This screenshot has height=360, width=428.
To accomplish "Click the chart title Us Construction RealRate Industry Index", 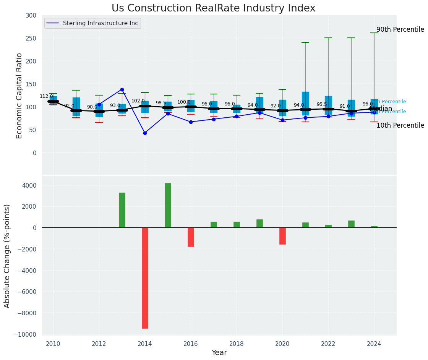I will [213, 8].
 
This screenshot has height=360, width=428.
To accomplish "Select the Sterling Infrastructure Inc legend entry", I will [100, 23].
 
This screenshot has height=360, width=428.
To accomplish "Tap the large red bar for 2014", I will [145, 278].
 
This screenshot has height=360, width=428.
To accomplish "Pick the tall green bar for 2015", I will [168, 205].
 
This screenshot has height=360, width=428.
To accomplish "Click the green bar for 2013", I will [122, 210].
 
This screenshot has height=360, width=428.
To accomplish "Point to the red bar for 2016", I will [191, 237].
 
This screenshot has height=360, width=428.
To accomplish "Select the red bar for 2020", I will [282, 236].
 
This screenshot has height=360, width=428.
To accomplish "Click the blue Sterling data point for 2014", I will [145, 133].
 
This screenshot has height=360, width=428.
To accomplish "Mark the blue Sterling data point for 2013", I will [122, 89].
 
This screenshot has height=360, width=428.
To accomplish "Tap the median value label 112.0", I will [46, 96].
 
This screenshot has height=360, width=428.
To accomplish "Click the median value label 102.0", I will [138, 101].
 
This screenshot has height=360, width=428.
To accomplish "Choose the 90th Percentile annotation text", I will [400, 29].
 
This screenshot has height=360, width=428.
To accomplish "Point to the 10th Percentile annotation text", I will [400, 125].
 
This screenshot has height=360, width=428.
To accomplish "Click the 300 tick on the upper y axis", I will [31, 15].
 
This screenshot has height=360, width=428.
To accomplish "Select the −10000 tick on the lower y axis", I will [25, 334].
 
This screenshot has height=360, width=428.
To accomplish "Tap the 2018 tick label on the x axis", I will [237, 344].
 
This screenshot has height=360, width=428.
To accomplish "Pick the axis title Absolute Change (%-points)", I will [7, 256].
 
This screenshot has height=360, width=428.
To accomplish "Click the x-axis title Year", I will [219, 353].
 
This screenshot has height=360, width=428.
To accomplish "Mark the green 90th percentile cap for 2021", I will [305, 42].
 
